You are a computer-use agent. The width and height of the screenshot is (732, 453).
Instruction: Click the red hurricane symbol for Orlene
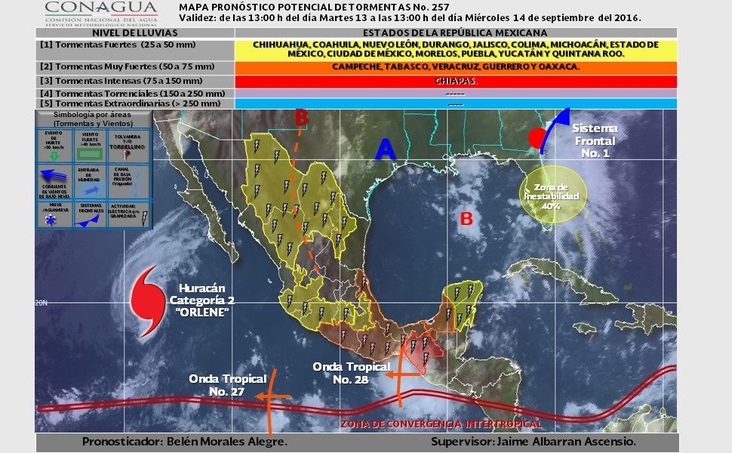(148, 300)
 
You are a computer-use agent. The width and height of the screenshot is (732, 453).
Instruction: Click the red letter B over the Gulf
(466, 219)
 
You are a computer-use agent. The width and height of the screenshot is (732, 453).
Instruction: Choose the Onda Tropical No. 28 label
(351, 373)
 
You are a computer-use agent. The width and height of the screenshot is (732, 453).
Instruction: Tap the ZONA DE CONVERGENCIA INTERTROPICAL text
(441, 424)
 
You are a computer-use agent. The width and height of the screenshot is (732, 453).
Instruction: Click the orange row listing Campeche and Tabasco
(456, 66)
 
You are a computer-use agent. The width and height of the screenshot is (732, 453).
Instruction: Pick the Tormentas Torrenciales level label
(133, 93)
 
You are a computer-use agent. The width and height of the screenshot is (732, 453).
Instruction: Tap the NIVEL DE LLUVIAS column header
(135, 33)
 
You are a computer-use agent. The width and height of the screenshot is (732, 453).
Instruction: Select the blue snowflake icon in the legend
(53, 220)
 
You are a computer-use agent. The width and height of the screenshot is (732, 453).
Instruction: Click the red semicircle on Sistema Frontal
(537, 139)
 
